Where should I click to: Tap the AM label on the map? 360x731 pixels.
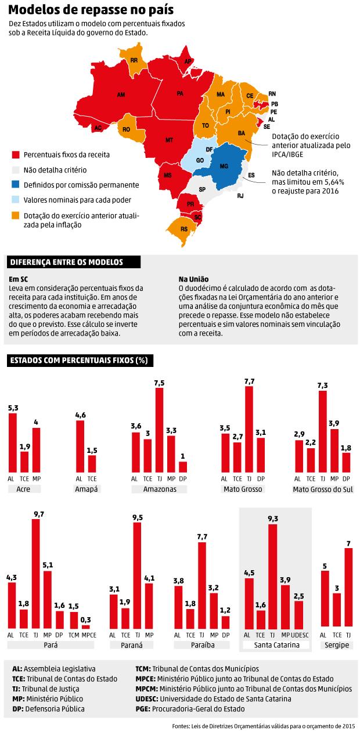point(121,94)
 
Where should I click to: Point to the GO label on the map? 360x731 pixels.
point(200,159)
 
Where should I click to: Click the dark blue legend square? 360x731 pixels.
point(16,185)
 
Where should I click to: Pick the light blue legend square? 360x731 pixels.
point(16,200)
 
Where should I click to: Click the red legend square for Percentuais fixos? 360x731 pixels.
point(16,155)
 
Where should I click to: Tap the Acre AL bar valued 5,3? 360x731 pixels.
point(12,442)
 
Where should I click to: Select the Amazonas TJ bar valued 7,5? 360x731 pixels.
point(159,430)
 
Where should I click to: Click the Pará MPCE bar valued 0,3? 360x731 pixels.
point(86,627)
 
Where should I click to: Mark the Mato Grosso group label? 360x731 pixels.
point(243,489)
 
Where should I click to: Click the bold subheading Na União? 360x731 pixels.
point(193,279)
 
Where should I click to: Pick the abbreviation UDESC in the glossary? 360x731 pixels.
point(146,698)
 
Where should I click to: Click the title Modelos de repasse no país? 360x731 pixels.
point(91,10)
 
